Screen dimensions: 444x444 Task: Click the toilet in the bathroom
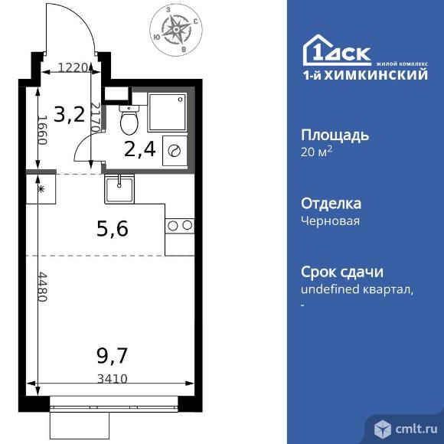[129, 120]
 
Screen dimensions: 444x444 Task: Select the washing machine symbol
[175, 151]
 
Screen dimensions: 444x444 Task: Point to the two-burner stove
[180, 225]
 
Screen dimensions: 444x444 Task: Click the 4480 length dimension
[43, 288]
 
